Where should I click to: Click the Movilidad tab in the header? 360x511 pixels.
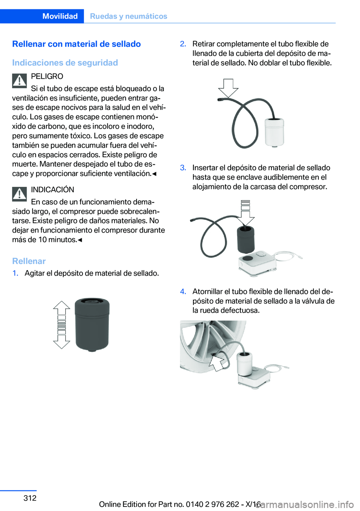pos(60,16)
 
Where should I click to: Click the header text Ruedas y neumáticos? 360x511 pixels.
pos(129,16)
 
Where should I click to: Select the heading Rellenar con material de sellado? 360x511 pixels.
pos(76,44)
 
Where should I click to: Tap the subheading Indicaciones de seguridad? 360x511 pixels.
pos(65,63)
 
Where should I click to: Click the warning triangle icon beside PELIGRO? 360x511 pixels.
pos(19,81)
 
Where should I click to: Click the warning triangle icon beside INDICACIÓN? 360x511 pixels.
pos(19,194)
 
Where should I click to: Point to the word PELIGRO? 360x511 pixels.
pos(47,76)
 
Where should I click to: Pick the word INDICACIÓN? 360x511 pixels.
pos(52,189)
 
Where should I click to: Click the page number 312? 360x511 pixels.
pos(30,498)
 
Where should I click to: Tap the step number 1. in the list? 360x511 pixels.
pos(15,273)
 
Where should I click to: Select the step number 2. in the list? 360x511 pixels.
pos(183,44)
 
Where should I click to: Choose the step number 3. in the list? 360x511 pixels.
pos(183,168)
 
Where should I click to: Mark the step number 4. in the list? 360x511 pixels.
pos(183,292)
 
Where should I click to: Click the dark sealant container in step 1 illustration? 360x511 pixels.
pos(92,324)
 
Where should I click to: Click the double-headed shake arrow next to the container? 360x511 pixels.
pos(61,325)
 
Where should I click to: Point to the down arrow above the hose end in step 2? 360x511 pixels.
pos(228,88)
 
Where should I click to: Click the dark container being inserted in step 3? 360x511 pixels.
pos(246,239)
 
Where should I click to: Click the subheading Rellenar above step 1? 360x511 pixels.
pos(29,261)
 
